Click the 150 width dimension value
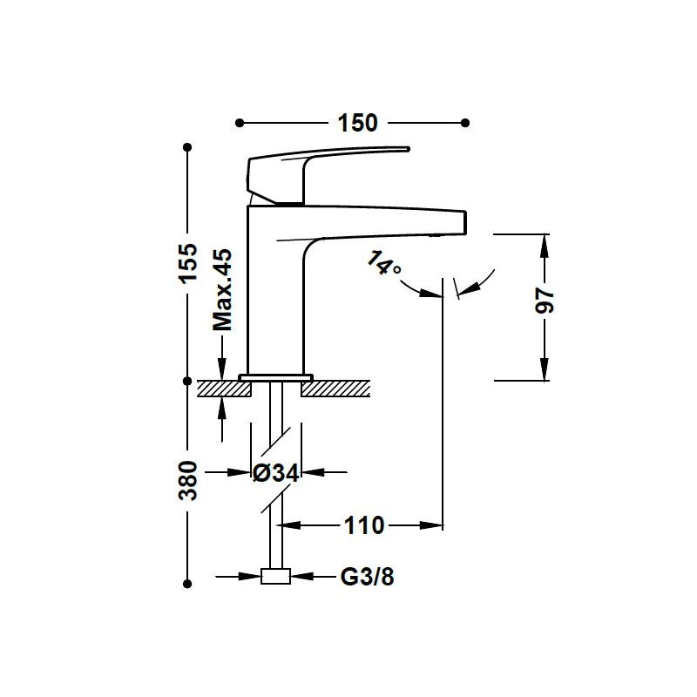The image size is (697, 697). click(357, 123)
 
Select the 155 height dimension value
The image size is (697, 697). click(188, 262)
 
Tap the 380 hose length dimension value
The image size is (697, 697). click(188, 481)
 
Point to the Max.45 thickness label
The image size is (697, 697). click(222, 290)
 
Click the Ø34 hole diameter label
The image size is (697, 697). click(275, 472)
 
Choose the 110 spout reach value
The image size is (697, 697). click(364, 526)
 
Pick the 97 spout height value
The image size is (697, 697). click(545, 301)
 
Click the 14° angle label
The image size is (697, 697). click(383, 263)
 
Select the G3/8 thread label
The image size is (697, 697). click(367, 577)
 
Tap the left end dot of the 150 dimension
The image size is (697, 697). click(240, 123)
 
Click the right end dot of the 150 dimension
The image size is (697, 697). click(465, 123)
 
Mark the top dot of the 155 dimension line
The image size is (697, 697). click(187, 147)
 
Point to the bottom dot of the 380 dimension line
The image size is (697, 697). click(187, 584)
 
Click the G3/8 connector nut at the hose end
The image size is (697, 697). click(275, 577)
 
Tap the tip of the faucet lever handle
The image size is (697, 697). click(408, 149)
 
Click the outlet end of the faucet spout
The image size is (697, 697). click(465, 222)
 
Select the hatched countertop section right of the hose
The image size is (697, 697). click(335, 389)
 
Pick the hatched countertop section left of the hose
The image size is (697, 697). click(224, 389)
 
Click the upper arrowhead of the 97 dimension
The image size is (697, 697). click(545, 246)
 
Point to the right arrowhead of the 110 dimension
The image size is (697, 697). click(431, 526)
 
